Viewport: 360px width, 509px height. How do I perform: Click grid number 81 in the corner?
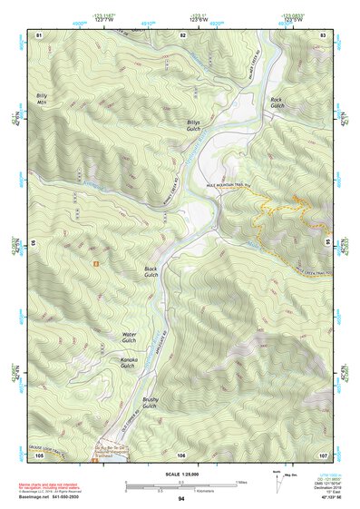(x=39, y=34)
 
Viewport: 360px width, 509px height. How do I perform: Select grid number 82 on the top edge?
(x=182, y=34)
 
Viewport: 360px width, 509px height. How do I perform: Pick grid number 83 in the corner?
(x=323, y=34)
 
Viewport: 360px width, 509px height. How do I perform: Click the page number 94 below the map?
(x=181, y=498)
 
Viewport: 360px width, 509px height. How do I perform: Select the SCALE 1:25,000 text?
(x=180, y=472)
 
